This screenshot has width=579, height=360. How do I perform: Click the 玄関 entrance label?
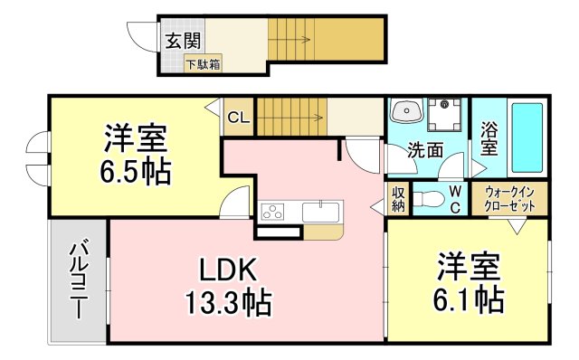pyautogui.click(x=184, y=42)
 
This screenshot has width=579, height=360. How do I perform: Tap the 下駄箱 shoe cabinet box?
pyautogui.click(x=203, y=64)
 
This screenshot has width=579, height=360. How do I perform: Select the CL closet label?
pyautogui.click(x=239, y=117)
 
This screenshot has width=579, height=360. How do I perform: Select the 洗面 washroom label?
pyautogui.click(x=423, y=151)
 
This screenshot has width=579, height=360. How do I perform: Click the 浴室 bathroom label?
pyautogui.click(x=489, y=138)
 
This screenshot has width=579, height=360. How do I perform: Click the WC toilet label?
pyautogui.click(x=455, y=199)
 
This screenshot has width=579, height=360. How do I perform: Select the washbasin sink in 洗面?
pyautogui.click(x=406, y=113)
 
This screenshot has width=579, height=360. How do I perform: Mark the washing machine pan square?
pyautogui.click(x=447, y=115)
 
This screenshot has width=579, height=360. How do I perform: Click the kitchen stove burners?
pyautogui.click(x=271, y=212)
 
